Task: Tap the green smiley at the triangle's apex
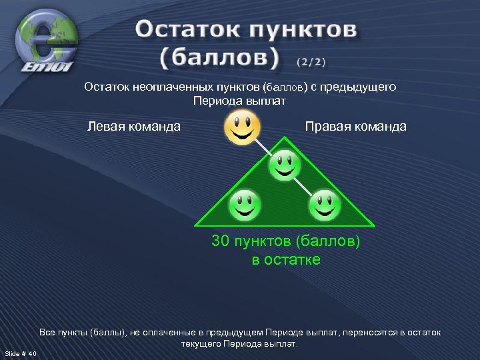(284, 165)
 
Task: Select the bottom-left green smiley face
(244, 205)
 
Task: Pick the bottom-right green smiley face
(325, 205)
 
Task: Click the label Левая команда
(134, 126)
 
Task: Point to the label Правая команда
(355, 126)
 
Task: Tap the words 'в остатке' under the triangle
(286, 259)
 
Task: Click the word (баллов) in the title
(219, 58)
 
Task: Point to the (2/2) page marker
(311, 62)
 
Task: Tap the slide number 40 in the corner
(33, 353)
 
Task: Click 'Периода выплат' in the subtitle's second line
(239, 101)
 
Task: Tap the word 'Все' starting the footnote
(48, 332)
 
